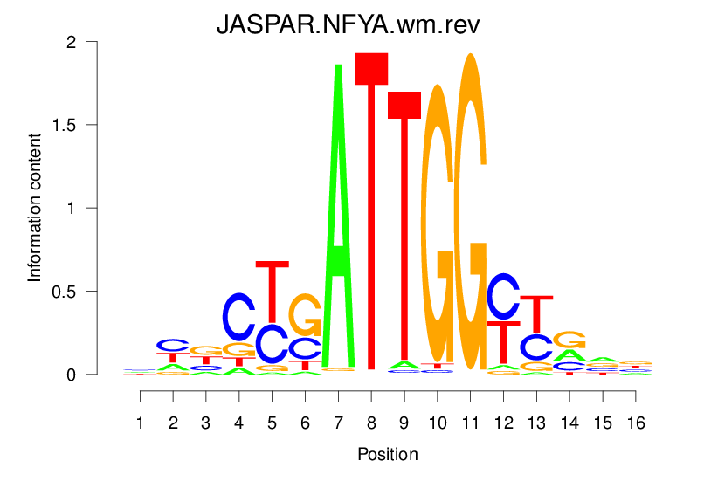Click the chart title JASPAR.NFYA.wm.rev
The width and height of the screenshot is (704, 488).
coord(349,26)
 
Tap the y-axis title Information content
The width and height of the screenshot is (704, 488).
coord(35,207)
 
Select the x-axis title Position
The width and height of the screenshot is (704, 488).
coord(388,455)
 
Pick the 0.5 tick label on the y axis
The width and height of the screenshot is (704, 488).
coord(90,291)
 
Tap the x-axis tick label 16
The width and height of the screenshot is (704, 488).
coord(636,423)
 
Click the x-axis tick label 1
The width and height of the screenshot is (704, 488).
coord(141,423)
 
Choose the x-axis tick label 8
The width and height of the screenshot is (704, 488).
coord(371,423)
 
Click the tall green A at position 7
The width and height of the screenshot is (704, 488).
coord(338,218)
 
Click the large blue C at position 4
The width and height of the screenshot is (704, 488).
coord(239,316)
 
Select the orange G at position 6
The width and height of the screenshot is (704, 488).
coord(305,315)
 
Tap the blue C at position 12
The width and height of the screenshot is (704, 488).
coord(503,296)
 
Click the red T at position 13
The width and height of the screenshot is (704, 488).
coord(536,314)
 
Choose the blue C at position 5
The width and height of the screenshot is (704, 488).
coord(273,344)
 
